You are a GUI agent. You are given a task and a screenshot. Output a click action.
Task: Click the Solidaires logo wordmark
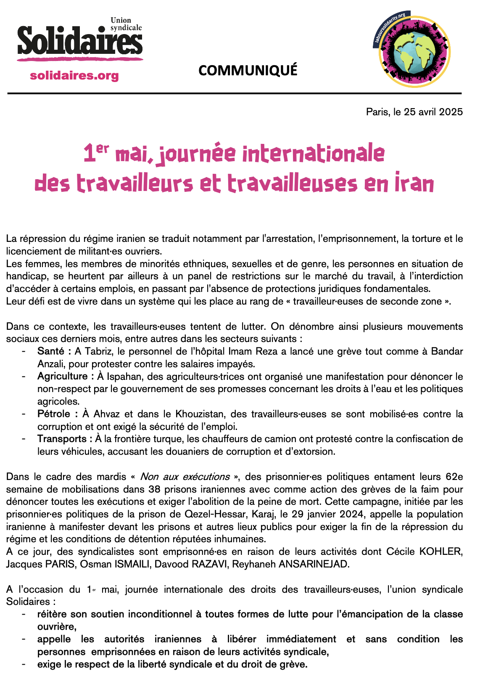pyautogui.click(x=80, y=41)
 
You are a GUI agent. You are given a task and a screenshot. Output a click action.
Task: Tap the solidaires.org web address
pyautogui.click(x=74, y=75)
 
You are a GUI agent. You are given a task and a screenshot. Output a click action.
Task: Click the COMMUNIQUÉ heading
pyautogui.click(x=248, y=70)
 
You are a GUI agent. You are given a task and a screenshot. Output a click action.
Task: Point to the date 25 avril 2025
pyautogui.click(x=433, y=112)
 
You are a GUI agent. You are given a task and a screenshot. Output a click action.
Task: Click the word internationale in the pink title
pyautogui.click(x=313, y=154)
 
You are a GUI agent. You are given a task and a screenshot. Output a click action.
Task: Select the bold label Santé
pyautogui.click(x=51, y=351)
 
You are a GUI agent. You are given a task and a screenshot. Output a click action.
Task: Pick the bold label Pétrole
pyautogui.click(x=54, y=414)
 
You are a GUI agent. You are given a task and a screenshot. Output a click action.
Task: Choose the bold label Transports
pyautogui.click(x=62, y=439)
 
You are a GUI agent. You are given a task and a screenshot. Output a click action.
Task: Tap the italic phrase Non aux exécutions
pyautogui.click(x=185, y=477)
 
